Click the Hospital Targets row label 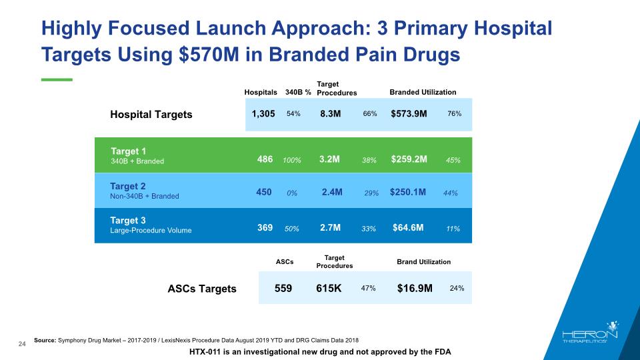[x=151, y=114]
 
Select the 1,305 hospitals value [x=263, y=114]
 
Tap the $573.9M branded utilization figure [x=409, y=114]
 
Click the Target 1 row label [x=128, y=151]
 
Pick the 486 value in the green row [x=265, y=160]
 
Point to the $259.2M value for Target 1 [x=409, y=160]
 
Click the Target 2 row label [x=128, y=186]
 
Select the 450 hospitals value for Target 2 [x=263, y=192]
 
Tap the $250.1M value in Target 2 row [x=408, y=193]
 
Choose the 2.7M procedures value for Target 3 [x=331, y=228]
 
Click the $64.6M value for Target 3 [x=408, y=228]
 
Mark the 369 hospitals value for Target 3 [x=265, y=228]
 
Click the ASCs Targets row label [x=201, y=289]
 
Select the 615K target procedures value [x=329, y=289]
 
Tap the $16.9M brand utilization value [x=415, y=289]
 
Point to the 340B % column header [x=298, y=92]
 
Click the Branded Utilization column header [x=423, y=92]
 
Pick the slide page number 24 [x=22, y=343]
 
